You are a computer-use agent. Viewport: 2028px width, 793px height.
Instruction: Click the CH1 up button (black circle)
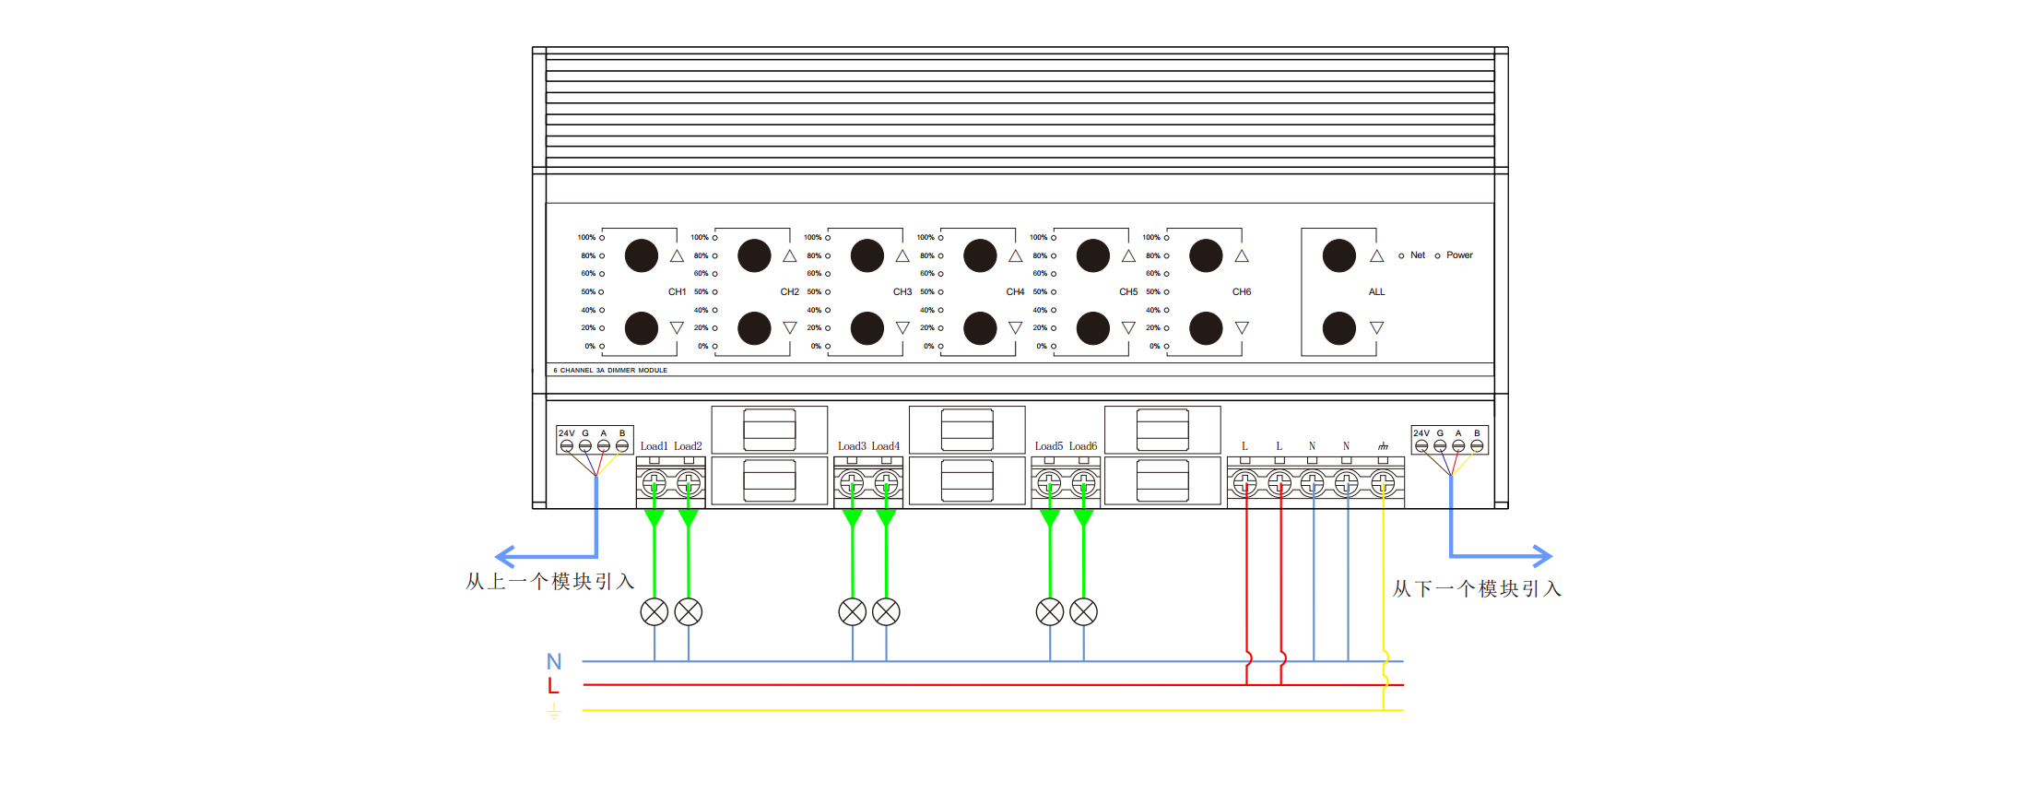(641, 255)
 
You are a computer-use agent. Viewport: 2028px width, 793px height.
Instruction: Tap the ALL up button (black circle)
(1338, 255)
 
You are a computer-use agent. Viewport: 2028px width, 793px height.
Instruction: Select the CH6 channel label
(1242, 291)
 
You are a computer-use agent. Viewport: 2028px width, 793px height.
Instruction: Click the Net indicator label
(1418, 255)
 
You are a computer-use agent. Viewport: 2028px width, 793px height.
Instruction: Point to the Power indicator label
(1459, 255)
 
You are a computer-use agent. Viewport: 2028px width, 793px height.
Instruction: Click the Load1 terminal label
(654, 446)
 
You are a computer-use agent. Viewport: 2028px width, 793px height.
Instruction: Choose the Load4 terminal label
(885, 446)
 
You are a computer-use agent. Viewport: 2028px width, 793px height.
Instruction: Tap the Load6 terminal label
(1083, 446)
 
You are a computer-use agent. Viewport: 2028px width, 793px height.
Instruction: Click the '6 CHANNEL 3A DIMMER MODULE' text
(610, 371)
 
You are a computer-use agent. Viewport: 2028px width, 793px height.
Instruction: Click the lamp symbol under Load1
(654, 611)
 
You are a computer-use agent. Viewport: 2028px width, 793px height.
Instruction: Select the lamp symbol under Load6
(1083, 611)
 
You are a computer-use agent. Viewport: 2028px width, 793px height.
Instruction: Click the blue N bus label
(554, 661)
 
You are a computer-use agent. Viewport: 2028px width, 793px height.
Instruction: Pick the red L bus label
(553, 686)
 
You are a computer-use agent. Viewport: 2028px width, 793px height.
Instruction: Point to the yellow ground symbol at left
(554, 711)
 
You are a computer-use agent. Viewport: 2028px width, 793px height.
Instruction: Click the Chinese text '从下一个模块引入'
(1477, 589)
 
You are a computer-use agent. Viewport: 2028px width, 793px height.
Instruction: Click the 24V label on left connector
(566, 433)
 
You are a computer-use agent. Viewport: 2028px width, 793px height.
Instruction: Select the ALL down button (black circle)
(1338, 328)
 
